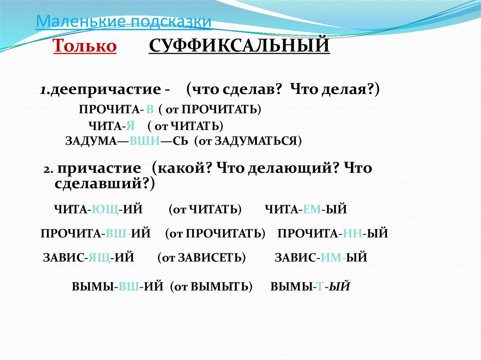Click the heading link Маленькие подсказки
click(x=124, y=22)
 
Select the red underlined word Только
click(x=85, y=46)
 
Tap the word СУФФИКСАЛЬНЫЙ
click(x=239, y=46)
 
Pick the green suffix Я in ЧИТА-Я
click(x=131, y=125)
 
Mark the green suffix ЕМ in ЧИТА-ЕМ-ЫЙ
click(x=311, y=209)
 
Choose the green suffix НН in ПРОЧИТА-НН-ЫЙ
click(x=352, y=233)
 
